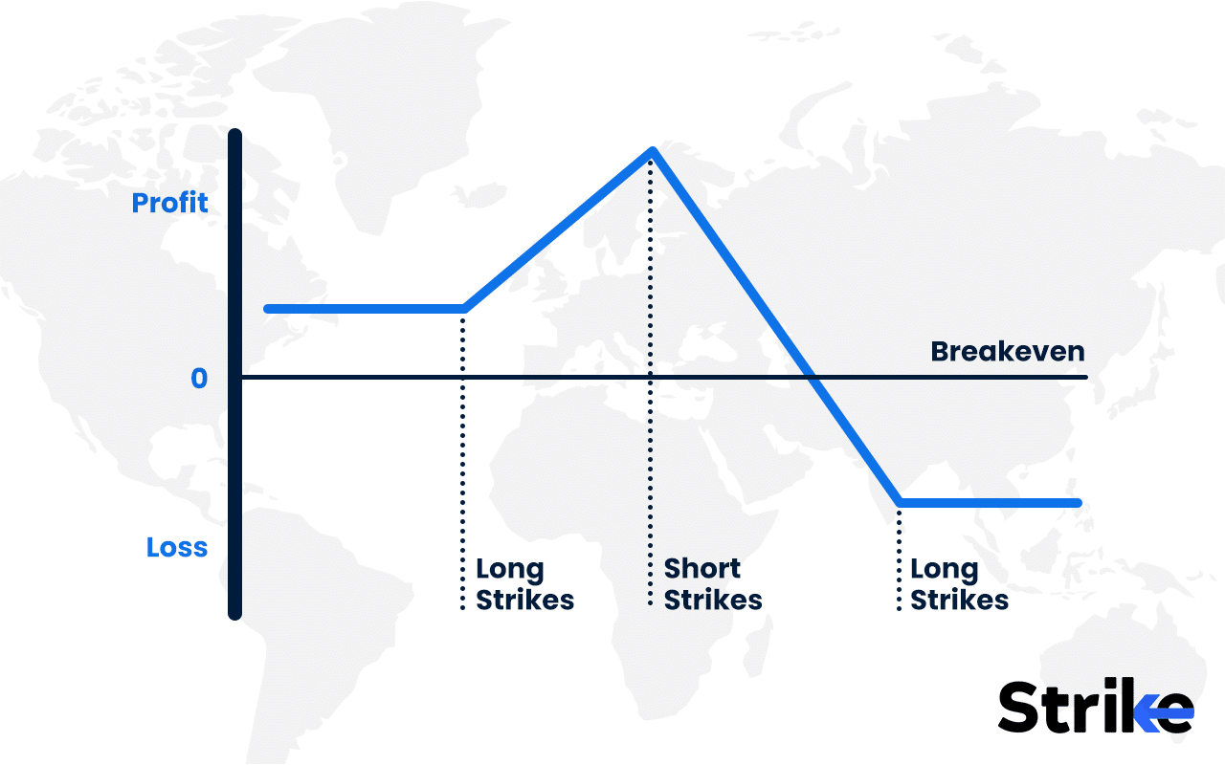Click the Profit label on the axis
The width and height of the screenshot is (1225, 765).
[169, 204]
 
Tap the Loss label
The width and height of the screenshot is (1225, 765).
[177, 548]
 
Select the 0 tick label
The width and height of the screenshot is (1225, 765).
[198, 379]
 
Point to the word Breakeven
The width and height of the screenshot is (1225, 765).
[1008, 352]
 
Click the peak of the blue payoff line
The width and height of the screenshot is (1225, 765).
[652, 150]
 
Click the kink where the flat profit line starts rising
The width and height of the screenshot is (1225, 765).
[464, 308]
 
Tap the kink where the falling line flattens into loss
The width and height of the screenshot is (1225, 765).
[900, 502]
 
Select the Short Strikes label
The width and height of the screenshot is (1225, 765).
[713, 584]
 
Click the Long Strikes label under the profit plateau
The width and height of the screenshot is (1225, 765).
[524, 584]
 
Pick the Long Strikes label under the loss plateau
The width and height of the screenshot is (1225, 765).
[959, 584]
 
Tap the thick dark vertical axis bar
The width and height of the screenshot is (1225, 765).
[235, 373]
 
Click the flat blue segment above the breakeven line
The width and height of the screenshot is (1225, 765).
[364, 308]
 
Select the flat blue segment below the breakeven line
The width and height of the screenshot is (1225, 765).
[991, 502]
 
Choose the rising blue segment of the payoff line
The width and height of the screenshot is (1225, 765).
[558, 229]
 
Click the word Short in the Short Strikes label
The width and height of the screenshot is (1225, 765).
[702, 569]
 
